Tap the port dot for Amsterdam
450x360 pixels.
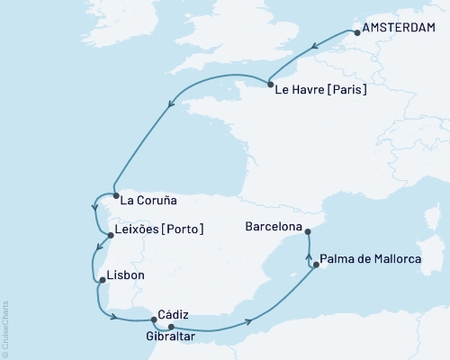pyautogui.click(x=358, y=33)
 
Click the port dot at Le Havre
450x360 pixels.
pyautogui.click(x=272, y=84)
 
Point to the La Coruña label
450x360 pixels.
pyautogui.click(x=148, y=200)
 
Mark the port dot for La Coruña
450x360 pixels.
pyautogui.click(x=115, y=193)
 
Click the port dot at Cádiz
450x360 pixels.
pyautogui.click(x=154, y=317)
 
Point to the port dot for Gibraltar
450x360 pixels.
pyautogui.click(x=170, y=327)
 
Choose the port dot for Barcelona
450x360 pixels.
pyautogui.click(x=307, y=230)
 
